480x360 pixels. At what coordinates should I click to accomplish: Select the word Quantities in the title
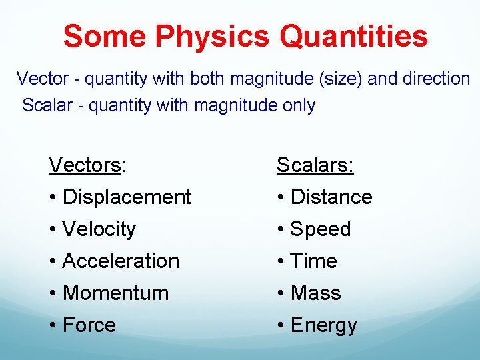(x=353, y=37)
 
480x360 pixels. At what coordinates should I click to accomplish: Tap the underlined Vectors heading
(x=85, y=165)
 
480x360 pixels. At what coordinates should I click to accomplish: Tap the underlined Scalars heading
(x=315, y=165)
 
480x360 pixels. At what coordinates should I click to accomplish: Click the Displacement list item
(x=126, y=197)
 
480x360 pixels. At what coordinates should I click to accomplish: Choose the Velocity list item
(x=99, y=229)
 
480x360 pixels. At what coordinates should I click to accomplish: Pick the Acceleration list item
(x=120, y=261)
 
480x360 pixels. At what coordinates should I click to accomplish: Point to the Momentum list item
(x=115, y=293)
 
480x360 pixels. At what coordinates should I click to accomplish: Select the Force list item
(x=89, y=325)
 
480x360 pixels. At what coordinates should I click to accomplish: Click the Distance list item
(x=331, y=197)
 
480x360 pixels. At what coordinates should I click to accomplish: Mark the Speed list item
(x=320, y=229)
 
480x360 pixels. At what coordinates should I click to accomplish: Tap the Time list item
(x=313, y=261)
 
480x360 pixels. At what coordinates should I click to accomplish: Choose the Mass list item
(x=315, y=293)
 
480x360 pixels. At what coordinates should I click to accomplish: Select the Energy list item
(x=323, y=325)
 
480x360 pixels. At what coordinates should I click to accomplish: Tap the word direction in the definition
(x=437, y=79)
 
